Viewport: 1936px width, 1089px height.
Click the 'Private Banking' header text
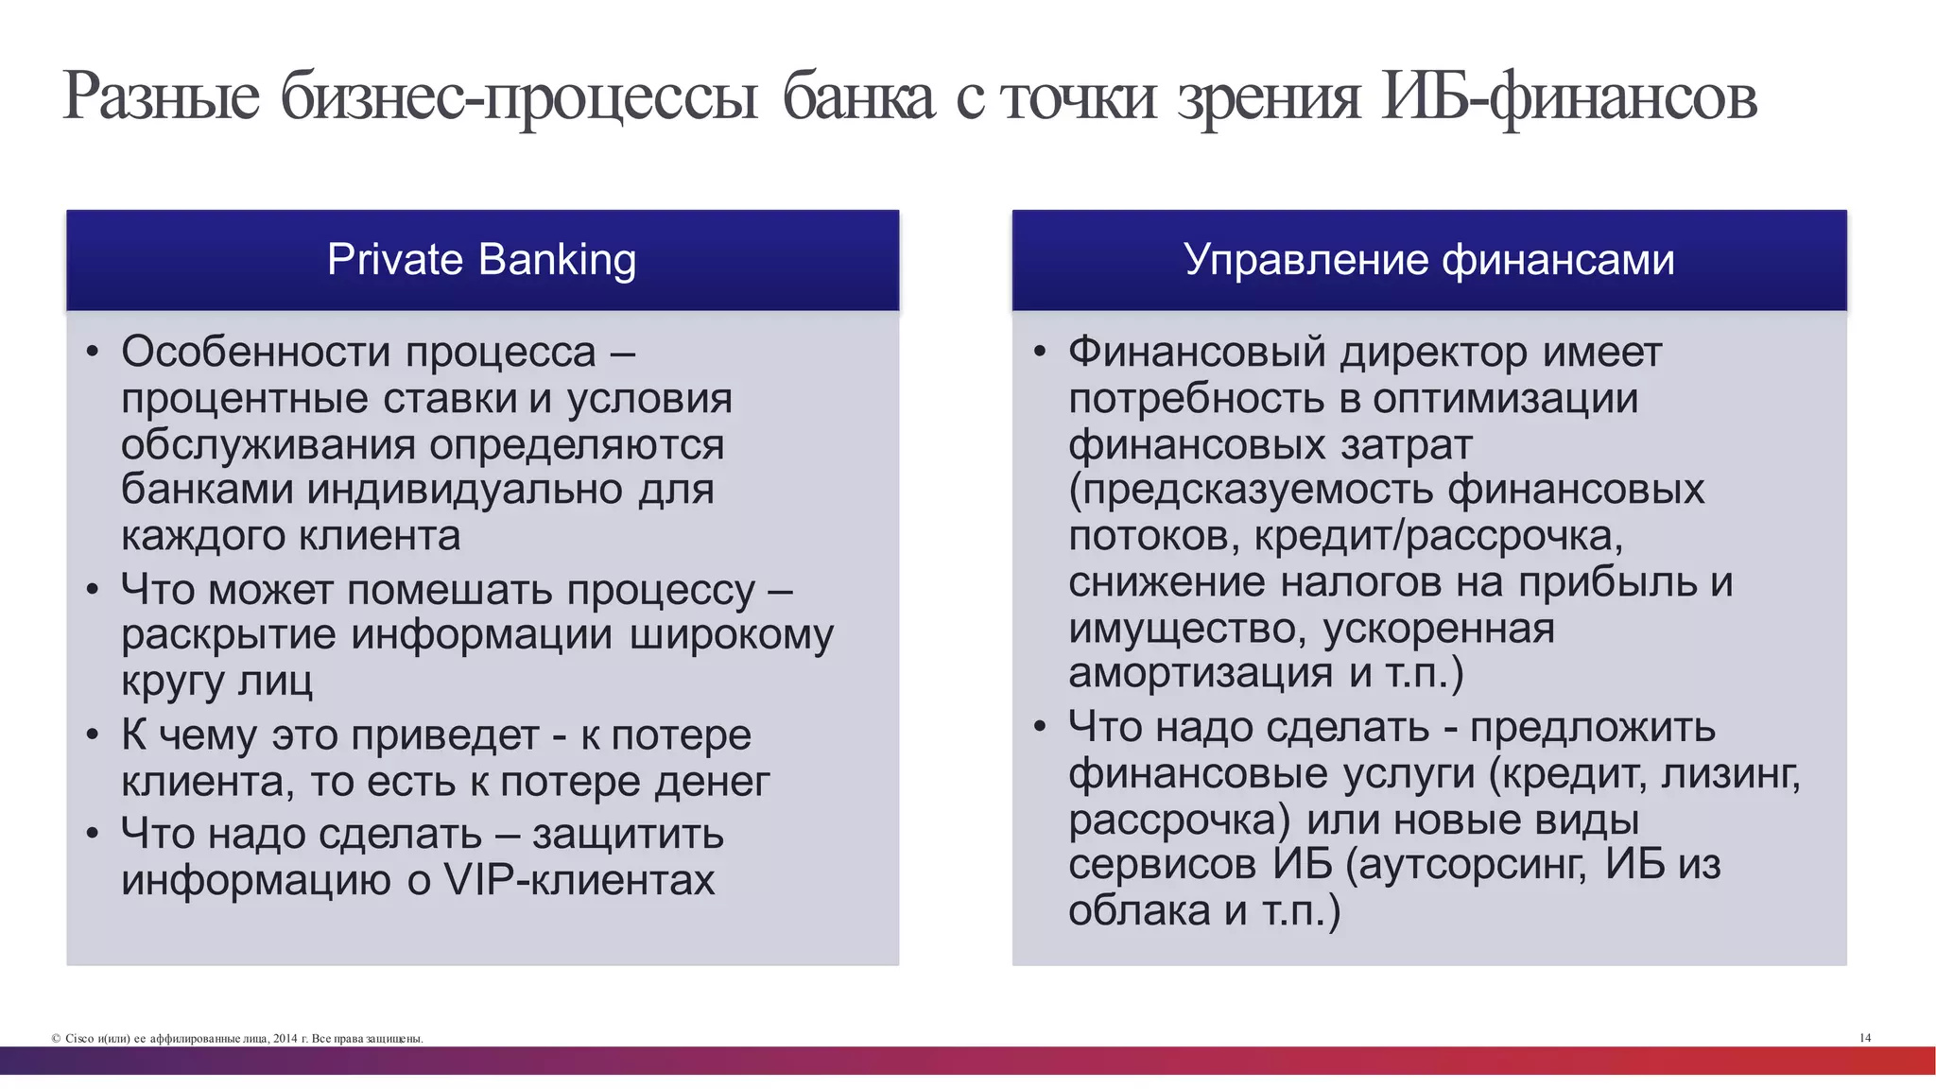coord(481,260)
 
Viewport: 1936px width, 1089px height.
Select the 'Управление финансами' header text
coord(1428,260)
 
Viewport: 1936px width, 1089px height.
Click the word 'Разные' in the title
coord(161,97)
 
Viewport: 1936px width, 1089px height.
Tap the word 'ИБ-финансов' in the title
coord(1569,97)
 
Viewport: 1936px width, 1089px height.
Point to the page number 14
coord(1865,1038)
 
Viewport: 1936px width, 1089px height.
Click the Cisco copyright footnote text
coord(237,1039)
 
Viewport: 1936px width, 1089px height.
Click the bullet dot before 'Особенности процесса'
coord(92,354)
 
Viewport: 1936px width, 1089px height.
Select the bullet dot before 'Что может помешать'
coord(92,591)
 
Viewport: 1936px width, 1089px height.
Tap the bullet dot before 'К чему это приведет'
coord(92,735)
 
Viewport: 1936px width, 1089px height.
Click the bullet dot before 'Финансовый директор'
coord(1040,354)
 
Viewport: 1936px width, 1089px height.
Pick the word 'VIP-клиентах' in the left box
coord(579,880)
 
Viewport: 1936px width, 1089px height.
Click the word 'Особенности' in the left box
coord(255,353)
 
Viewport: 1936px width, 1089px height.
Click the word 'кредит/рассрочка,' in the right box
coord(1438,536)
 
